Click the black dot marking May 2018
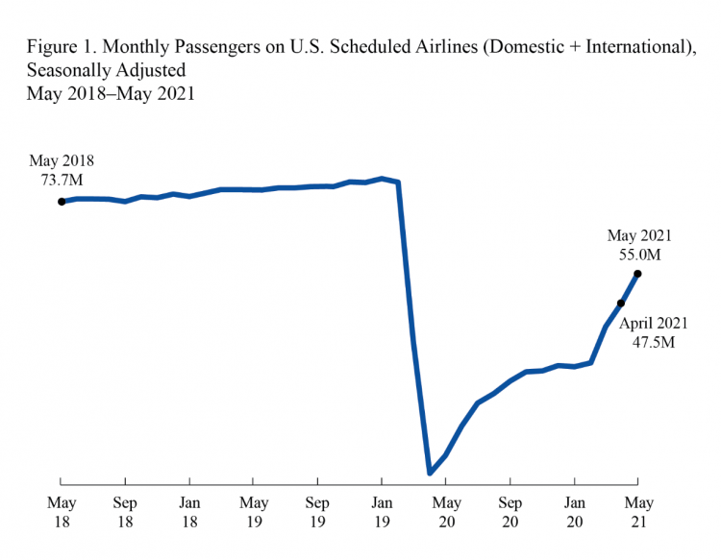coord(62,202)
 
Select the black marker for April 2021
coord(621,304)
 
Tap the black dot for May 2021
coord(638,274)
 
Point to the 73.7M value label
coord(62,179)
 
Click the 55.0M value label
coord(639,255)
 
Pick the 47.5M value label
coord(654,343)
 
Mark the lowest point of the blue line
coord(430,473)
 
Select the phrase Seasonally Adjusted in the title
coord(106,71)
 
